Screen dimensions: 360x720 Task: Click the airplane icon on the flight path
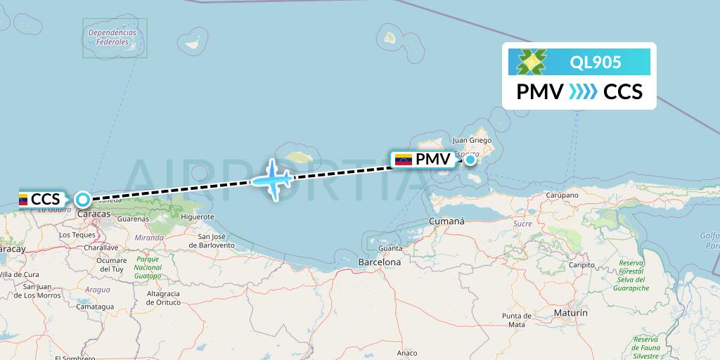[x=271, y=180]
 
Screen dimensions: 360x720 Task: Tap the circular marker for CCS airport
[x=83, y=200]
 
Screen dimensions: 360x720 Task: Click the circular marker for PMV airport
[x=469, y=160]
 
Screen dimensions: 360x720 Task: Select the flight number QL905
[x=596, y=63]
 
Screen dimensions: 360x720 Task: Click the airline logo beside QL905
[x=532, y=62]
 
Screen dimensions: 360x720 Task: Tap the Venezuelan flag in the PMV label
[x=404, y=160]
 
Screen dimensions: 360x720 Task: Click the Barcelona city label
[x=379, y=262]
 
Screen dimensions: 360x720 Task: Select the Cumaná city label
[x=446, y=221]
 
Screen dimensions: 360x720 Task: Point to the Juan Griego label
[x=471, y=140]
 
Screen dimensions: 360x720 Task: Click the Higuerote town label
[x=197, y=217]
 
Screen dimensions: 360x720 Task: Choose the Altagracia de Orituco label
[x=163, y=297]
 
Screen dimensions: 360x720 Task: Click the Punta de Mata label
[x=517, y=320]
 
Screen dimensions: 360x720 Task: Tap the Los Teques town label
[x=77, y=235]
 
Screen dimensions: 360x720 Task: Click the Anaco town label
[x=406, y=352]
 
